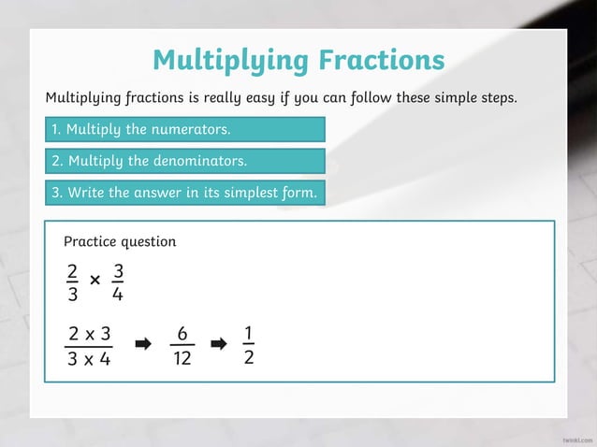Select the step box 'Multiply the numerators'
(x=184, y=129)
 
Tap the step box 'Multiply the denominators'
(x=184, y=161)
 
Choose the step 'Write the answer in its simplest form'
(x=184, y=193)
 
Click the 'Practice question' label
(x=120, y=241)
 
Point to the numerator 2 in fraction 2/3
(x=72, y=272)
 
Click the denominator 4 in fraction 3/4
(x=117, y=294)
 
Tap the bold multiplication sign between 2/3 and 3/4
(x=95, y=280)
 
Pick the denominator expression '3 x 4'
(x=89, y=358)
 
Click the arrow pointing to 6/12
(x=143, y=345)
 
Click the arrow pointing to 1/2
(x=218, y=345)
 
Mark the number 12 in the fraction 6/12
(x=182, y=358)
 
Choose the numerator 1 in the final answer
(x=248, y=334)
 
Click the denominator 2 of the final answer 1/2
(x=248, y=357)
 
